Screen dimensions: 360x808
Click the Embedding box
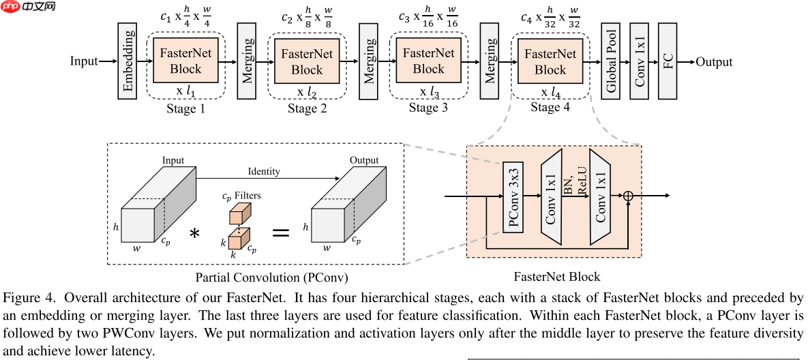(x=127, y=61)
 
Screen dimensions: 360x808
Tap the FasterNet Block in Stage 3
(x=428, y=61)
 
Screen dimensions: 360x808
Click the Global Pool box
(x=611, y=61)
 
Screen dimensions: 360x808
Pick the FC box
(x=668, y=61)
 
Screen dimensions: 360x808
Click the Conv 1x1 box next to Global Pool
(x=640, y=61)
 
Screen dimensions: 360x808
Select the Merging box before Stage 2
(x=247, y=61)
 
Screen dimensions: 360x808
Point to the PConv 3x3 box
(x=513, y=198)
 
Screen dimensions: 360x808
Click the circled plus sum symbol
(x=628, y=196)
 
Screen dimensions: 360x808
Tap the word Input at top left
(x=84, y=61)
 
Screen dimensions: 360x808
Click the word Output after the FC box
(x=714, y=62)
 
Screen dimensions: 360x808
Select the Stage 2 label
(x=307, y=108)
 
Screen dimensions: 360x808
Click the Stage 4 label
(x=550, y=107)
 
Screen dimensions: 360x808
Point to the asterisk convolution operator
(x=194, y=234)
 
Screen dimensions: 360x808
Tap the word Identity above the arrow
(x=264, y=171)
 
